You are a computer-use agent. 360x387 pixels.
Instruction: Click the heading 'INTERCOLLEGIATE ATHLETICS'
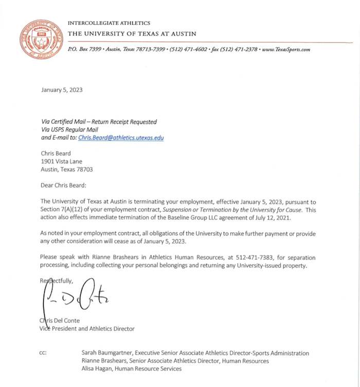point(109,23)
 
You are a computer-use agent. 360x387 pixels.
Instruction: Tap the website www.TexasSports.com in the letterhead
point(286,49)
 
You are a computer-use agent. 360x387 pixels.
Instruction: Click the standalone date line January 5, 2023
point(62,90)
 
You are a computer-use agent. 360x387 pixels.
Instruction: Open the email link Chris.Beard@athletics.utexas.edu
point(121,138)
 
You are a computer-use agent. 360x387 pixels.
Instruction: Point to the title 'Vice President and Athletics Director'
point(87,328)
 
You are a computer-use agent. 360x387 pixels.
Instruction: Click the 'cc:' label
point(44,353)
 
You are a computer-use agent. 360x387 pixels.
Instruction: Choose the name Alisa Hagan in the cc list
point(97,368)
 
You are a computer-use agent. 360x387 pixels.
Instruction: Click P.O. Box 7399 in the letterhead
point(85,49)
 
